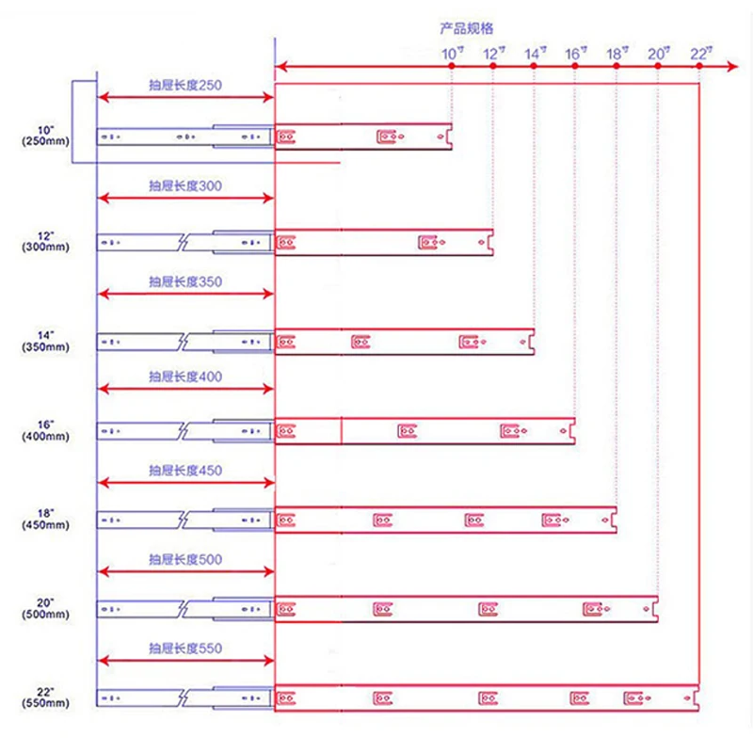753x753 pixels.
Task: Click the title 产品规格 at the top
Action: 466,28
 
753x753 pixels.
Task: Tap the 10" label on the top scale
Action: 453,54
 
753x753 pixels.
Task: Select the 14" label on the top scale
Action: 535,54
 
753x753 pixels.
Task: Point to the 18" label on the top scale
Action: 617,54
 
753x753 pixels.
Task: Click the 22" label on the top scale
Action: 701,54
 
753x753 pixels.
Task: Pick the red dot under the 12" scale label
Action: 492,66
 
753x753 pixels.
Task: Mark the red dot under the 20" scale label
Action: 658,66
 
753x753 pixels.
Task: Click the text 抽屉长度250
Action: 185,85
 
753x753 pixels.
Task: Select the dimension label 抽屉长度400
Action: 185,376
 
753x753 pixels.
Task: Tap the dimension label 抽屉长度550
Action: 185,649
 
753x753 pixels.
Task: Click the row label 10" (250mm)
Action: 45,136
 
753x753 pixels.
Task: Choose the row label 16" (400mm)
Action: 45,431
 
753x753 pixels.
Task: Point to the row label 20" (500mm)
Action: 45,608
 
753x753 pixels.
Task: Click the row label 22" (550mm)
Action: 45,697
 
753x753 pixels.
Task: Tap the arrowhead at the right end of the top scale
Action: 733,66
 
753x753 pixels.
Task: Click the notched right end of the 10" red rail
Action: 449,136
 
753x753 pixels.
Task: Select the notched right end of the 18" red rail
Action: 614,520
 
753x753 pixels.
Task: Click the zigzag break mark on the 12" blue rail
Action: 183,242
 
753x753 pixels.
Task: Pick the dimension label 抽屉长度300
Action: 185,185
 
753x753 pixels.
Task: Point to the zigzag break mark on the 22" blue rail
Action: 183,697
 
